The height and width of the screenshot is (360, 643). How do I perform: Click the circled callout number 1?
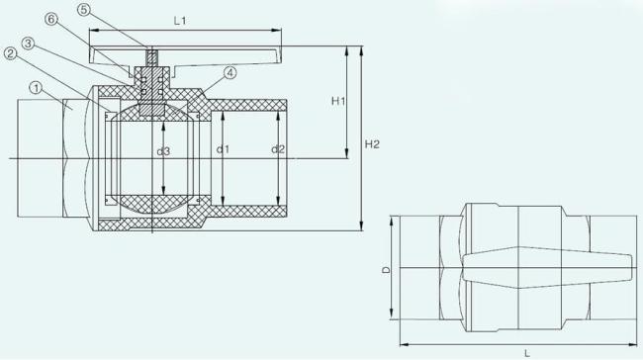pyautogui.click(x=37, y=88)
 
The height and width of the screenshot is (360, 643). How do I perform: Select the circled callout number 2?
pyautogui.click(x=11, y=53)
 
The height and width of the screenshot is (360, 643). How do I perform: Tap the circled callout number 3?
pyautogui.click(x=28, y=44)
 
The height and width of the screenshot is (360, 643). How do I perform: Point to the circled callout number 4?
pyautogui.click(x=230, y=73)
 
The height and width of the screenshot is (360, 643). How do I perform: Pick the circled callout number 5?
pyautogui.click(x=84, y=10)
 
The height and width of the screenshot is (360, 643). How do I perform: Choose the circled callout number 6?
pyautogui.click(x=51, y=19)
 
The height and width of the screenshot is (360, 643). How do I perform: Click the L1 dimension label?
pyautogui.click(x=180, y=21)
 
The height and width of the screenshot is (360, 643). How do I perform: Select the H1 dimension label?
pyautogui.click(x=338, y=101)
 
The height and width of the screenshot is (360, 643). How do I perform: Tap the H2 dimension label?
pyautogui.click(x=372, y=144)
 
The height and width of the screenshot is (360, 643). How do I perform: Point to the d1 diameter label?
pyautogui.click(x=223, y=149)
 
